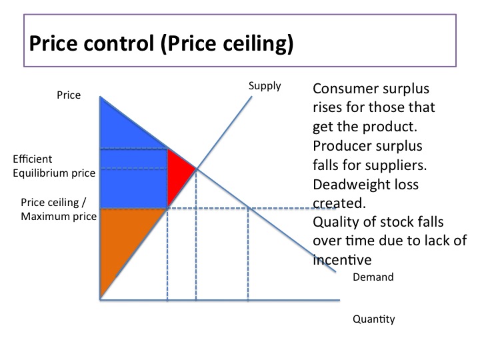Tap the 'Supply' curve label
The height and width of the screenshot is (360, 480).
tap(265, 85)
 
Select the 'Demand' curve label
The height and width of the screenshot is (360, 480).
tap(373, 277)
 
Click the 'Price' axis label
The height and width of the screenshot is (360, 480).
tap(69, 95)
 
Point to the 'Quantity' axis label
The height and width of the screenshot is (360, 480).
tap(373, 319)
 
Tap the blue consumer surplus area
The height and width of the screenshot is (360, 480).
tap(130, 167)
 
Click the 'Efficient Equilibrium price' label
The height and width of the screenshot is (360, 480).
tap(53, 166)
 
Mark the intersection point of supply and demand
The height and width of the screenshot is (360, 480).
tap(196, 168)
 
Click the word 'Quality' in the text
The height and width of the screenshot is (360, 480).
tap(333, 221)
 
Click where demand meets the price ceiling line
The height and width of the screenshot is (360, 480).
tap(248, 209)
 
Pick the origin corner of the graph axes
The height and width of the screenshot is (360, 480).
tap(100, 300)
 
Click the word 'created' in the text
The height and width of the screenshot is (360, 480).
tap(336, 203)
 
